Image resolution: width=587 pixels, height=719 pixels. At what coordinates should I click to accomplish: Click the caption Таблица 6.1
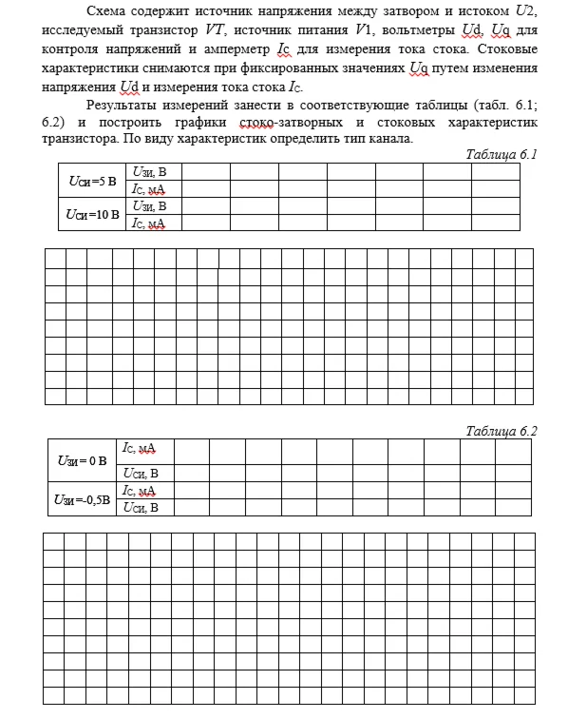point(502,154)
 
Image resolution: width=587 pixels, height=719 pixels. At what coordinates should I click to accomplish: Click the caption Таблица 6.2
point(502,431)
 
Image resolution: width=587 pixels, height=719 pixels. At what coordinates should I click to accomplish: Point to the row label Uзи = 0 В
point(81,461)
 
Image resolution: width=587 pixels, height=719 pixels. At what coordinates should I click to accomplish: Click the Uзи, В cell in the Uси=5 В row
point(150,172)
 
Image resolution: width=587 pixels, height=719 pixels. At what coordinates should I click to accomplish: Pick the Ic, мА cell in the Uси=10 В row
point(149,223)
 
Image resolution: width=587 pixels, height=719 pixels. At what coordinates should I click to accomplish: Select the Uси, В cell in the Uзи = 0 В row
point(141,473)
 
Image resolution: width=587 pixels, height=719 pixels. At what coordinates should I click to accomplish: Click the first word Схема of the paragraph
point(106,11)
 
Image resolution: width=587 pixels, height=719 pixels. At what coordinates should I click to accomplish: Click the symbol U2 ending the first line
point(525,11)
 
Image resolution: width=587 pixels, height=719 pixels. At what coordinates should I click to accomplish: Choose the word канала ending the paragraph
point(389,139)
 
